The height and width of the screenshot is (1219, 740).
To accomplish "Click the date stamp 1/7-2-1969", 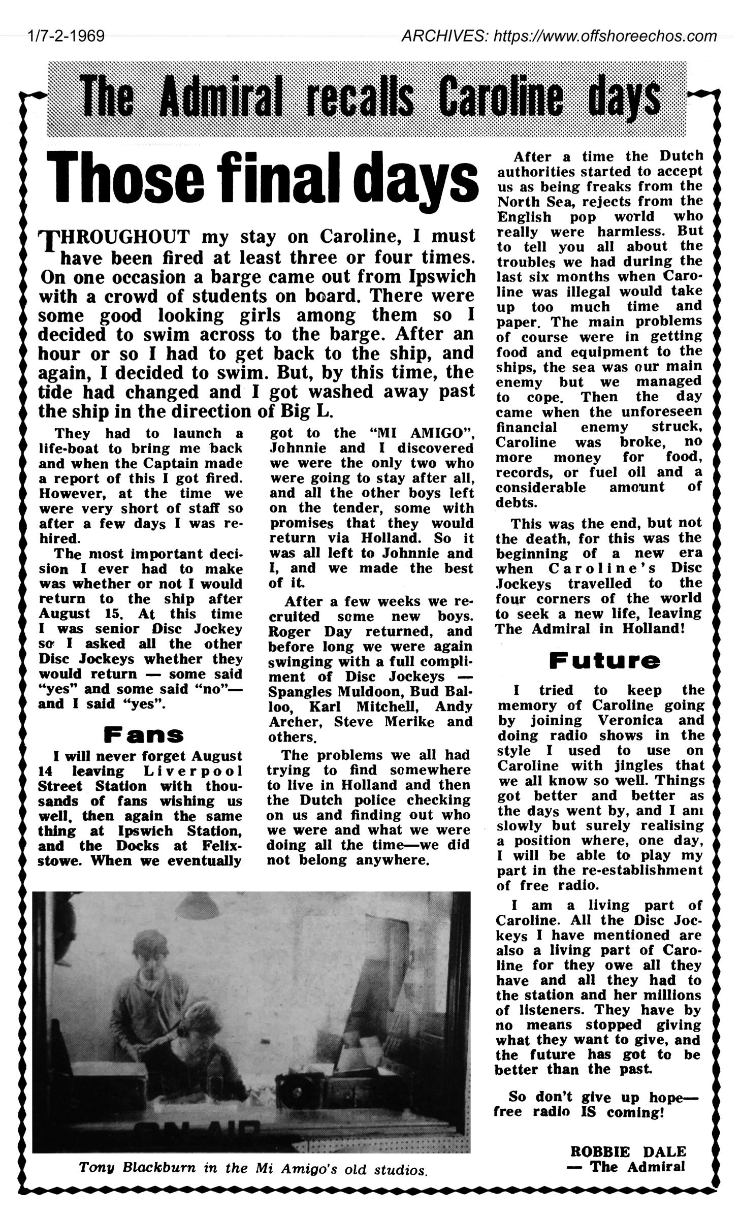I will [66, 36].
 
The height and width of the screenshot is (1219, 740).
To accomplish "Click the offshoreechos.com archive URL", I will [559, 36].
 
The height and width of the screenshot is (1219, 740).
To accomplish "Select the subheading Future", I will [604, 661].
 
